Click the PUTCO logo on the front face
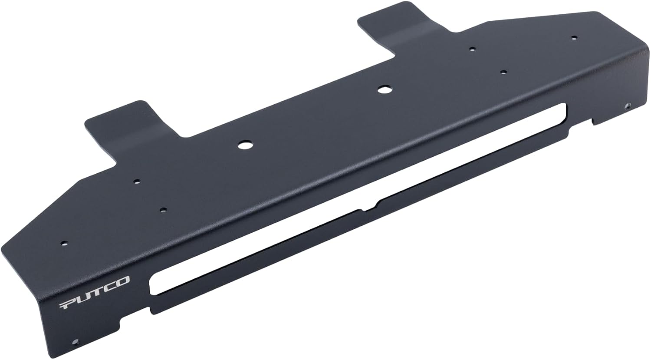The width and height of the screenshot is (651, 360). click(x=94, y=293)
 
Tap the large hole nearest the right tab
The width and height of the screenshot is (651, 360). click(x=383, y=89)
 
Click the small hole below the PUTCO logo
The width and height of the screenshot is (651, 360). click(x=76, y=341)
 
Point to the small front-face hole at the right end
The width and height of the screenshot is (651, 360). click(x=626, y=105)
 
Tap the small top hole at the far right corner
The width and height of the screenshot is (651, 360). click(x=573, y=38)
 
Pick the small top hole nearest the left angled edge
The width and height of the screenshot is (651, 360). click(x=64, y=243)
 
